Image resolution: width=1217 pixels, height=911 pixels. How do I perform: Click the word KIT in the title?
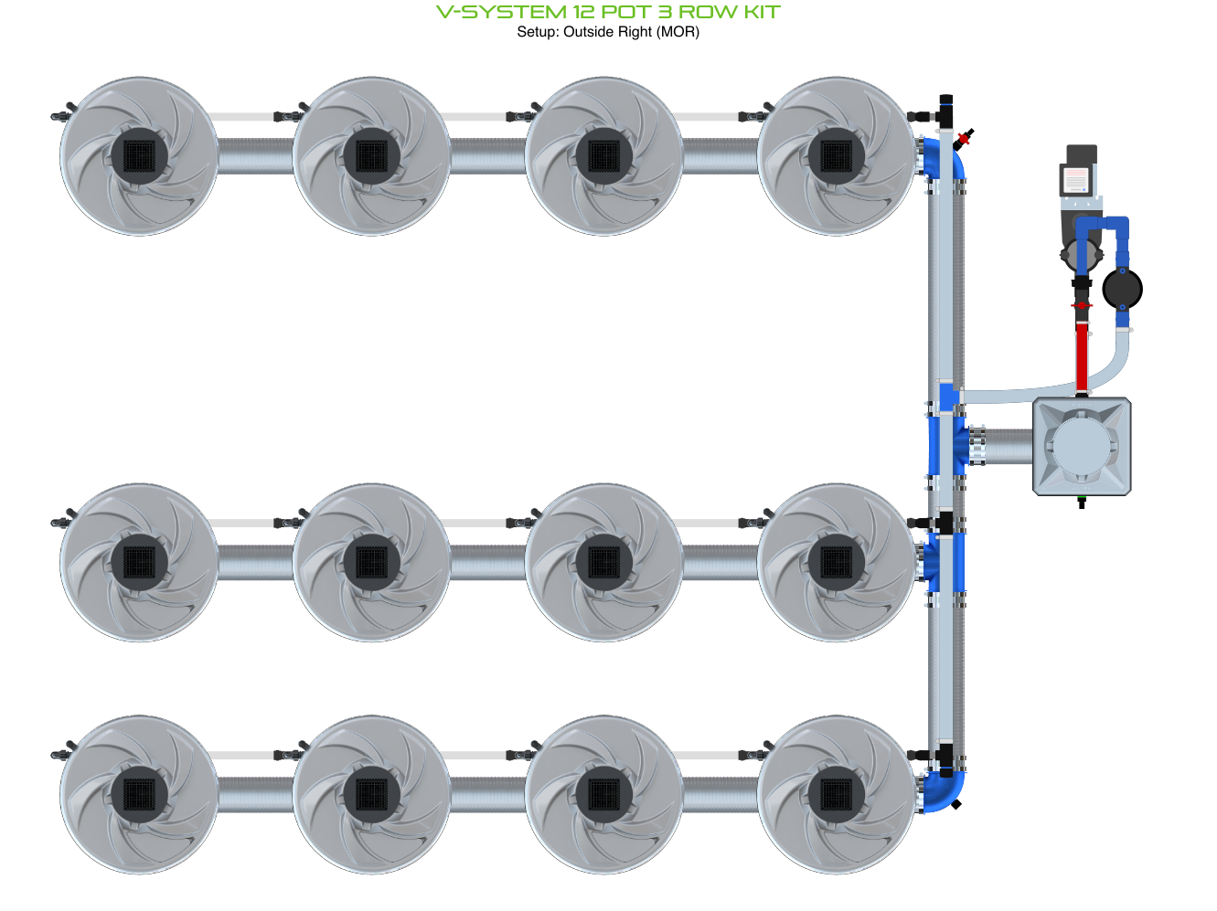pyautogui.click(x=762, y=12)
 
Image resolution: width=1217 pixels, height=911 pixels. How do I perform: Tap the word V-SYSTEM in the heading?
pyautogui.click(x=501, y=12)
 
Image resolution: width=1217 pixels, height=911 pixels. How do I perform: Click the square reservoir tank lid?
pyautogui.click(x=1081, y=446)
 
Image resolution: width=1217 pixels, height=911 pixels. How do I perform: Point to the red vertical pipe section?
pyautogui.click(x=1081, y=357)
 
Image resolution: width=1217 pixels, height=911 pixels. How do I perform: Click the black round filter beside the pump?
pyautogui.click(x=1122, y=289)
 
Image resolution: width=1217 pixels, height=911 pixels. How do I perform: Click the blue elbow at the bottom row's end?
pyautogui.click(x=944, y=792)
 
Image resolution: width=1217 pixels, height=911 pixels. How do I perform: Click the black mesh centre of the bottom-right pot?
pyautogui.click(x=836, y=795)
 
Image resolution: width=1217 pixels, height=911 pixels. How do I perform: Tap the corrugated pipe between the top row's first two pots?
pyautogui.click(x=255, y=156)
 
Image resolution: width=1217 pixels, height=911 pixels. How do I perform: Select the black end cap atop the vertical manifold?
pyautogui.click(x=945, y=101)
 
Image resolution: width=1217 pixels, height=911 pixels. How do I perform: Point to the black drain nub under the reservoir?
pyautogui.click(x=1081, y=502)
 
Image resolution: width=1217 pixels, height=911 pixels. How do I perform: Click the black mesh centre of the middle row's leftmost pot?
pyautogui.click(x=139, y=563)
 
